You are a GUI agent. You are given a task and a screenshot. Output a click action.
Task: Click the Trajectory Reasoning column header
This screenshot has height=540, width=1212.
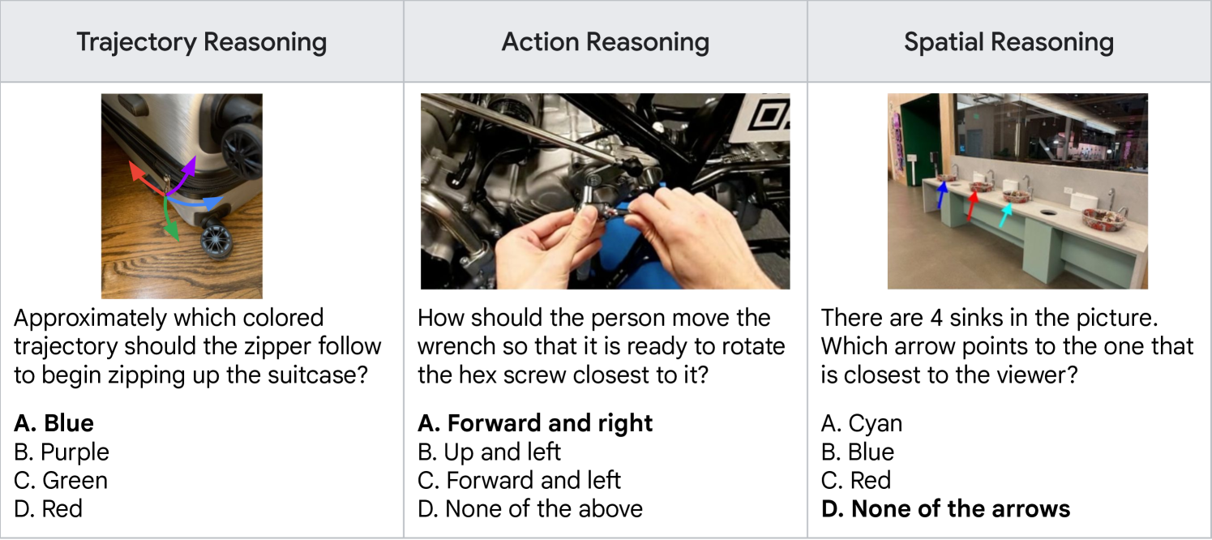[x=202, y=42]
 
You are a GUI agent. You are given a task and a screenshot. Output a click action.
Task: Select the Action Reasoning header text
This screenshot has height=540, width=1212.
[x=606, y=42]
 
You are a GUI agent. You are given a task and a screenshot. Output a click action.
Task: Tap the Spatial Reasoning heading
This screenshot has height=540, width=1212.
[x=1009, y=42]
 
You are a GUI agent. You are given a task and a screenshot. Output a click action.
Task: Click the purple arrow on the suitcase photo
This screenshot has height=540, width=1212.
[x=183, y=177]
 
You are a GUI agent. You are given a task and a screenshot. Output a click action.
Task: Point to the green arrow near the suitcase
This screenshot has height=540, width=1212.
[x=169, y=219]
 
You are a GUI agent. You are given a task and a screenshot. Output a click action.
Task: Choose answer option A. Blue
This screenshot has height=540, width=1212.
[x=54, y=423]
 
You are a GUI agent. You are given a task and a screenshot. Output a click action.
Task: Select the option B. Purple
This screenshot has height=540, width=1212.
[x=62, y=452]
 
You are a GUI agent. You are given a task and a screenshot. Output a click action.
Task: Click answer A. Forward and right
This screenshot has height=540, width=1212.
[x=535, y=423]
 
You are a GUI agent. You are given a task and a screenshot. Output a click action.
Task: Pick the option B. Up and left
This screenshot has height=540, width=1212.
[x=489, y=452]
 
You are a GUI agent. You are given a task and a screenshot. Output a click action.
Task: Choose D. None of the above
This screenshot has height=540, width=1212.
[x=530, y=508]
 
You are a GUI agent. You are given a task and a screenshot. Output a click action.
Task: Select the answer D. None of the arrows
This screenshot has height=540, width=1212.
[x=946, y=508]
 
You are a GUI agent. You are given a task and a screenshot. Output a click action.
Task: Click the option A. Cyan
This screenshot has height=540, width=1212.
[x=862, y=423]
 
